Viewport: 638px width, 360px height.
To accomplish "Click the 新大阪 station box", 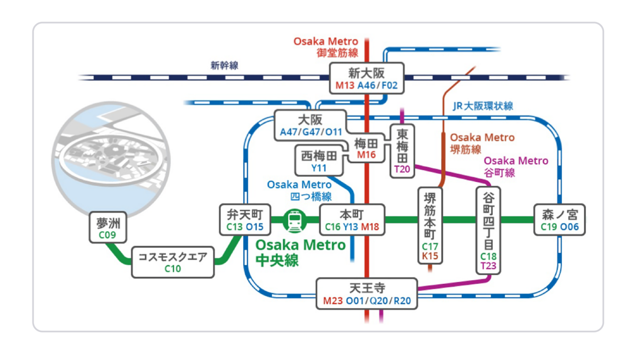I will (366, 78).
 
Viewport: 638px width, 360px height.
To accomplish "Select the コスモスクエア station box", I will (173, 262).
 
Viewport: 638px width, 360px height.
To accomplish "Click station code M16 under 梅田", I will (366, 155).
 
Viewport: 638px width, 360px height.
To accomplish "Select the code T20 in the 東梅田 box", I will (402, 169).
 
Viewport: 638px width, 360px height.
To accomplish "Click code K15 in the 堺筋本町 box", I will (429, 256).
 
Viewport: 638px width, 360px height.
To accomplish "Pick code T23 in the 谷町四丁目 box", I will (489, 266).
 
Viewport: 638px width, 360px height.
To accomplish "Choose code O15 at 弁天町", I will (255, 227).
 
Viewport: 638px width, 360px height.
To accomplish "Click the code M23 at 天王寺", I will (333, 301).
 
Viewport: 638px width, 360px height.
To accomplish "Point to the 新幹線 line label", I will (224, 66).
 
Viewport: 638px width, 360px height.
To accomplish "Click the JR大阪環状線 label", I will (483, 106).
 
